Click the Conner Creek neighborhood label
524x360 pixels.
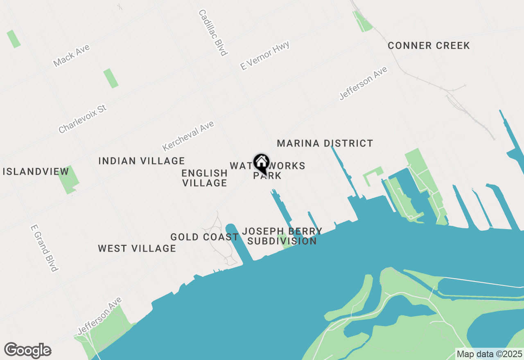coord(429,45)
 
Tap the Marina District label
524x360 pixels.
coord(325,143)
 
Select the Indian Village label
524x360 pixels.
coord(142,161)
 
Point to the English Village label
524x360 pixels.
coord(205,178)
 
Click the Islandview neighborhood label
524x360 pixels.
coord(30,171)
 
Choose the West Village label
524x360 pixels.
coord(137,248)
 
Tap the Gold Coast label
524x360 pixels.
coord(204,237)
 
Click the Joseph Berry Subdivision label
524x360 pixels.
coord(282,236)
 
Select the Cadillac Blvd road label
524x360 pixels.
coord(212,32)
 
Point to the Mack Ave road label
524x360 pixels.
coord(71,56)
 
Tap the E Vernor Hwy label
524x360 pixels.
coord(265,55)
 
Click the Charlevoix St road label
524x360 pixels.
coord(82,119)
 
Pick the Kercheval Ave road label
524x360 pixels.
coord(188,135)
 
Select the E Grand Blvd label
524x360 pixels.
coord(44,248)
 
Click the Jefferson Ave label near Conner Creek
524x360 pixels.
coord(363,83)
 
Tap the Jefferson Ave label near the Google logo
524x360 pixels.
coord(99,315)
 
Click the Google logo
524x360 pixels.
coord(27,351)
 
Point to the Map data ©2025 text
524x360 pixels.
coord(489,354)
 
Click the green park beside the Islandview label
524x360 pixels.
coord(68,180)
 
